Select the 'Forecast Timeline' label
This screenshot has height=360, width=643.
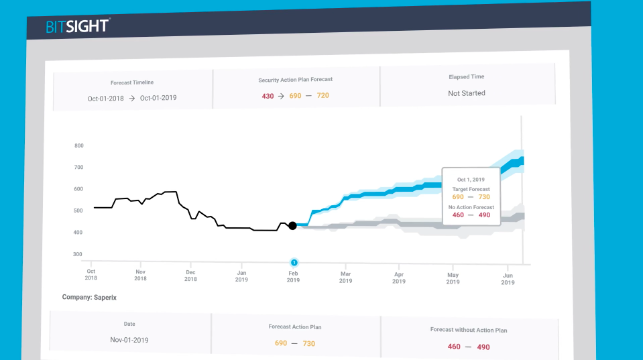(132, 82)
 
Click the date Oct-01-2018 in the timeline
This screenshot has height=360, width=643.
(106, 99)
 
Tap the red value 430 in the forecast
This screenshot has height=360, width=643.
(268, 96)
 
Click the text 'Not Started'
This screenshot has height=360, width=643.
(467, 93)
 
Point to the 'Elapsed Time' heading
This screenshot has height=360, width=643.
(467, 77)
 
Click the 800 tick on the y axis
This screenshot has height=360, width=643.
(79, 145)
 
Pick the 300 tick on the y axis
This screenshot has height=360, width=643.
(79, 255)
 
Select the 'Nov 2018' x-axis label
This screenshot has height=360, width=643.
(141, 276)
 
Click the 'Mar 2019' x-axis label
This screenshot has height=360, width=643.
(346, 278)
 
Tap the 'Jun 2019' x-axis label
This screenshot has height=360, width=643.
(508, 279)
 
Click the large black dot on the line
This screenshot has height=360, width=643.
(292, 226)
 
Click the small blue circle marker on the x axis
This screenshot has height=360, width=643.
(294, 262)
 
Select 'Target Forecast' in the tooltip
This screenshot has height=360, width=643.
(471, 190)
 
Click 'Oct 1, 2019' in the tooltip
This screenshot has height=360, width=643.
(470, 179)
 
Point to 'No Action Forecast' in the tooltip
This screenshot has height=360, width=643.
(471, 207)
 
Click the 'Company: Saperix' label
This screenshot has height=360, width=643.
(89, 297)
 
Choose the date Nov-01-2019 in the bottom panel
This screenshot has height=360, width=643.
(129, 340)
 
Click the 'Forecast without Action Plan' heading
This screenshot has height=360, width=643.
(469, 330)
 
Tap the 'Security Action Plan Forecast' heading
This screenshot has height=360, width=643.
(296, 80)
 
